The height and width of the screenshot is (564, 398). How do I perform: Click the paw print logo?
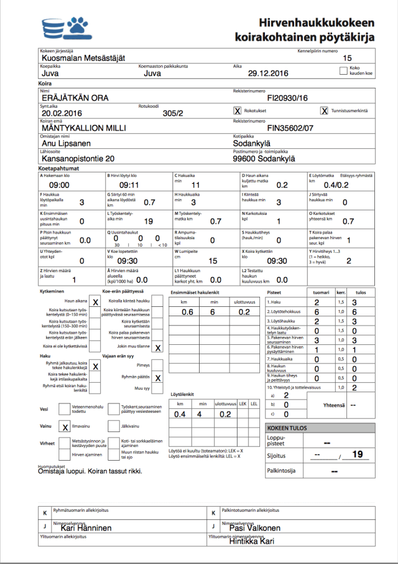coord(78,26)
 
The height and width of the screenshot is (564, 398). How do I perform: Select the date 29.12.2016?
coord(268,73)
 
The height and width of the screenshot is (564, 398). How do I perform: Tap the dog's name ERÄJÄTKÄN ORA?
coord(75,98)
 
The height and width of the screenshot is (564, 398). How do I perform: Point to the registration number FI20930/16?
coord(287,98)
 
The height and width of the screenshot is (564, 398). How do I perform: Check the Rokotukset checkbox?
coord(237,111)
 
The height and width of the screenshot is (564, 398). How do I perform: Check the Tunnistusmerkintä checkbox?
coord(324,111)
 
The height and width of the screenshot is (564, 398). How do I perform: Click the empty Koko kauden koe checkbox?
coord(344,71)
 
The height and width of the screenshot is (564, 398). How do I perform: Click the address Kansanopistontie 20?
coord(78,158)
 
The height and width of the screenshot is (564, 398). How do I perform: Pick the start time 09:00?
coord(59,185)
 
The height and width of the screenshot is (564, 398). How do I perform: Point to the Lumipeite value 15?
coord(213,261)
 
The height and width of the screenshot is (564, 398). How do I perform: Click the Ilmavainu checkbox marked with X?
coord(65,427)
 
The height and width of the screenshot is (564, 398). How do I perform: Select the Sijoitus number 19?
coord(357,454)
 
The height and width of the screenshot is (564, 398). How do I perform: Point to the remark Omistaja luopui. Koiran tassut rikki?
coord(91,471)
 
